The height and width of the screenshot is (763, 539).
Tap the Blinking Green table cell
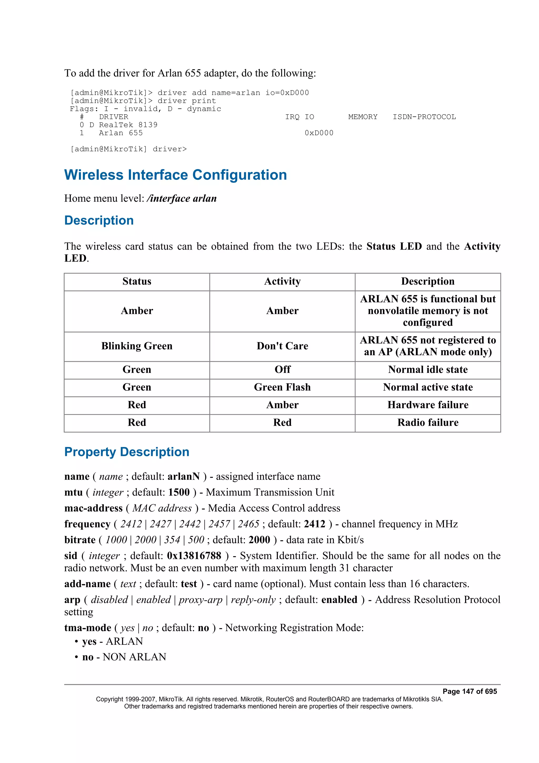[137, 346]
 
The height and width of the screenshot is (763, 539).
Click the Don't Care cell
[282, 346]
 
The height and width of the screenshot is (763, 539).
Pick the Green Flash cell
[282, 387]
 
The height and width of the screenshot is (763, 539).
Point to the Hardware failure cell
[428, 405]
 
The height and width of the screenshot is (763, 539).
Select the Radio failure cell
[428, 422]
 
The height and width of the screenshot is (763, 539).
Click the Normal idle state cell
[428, 370]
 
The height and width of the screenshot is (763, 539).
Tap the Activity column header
[282, 281]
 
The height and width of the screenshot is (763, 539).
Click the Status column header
[137, 281]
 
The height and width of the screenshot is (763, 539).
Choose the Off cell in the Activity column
[282, 370]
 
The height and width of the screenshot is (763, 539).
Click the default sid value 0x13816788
[194, 556]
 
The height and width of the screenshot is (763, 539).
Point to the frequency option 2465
[248, 524]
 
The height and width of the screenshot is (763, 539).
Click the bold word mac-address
[93, 508]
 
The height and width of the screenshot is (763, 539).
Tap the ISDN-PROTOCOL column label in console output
[424, 117]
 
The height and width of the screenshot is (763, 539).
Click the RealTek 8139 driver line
[128, 125]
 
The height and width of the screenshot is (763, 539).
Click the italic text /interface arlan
[182, 199]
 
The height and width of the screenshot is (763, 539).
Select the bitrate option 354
[172, 540]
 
